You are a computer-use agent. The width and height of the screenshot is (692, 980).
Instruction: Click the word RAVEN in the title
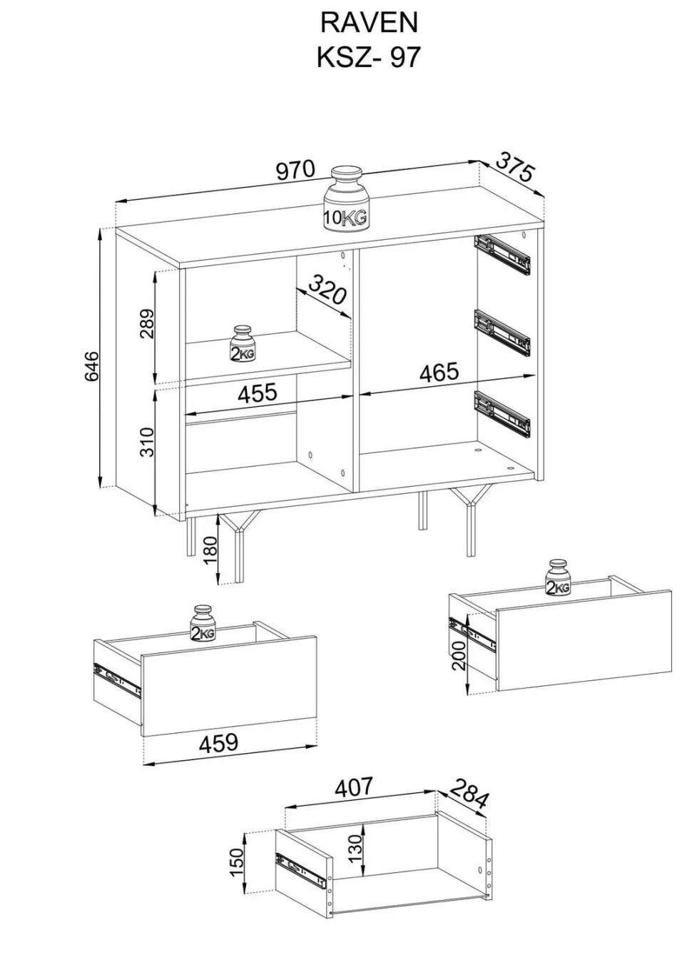pos(370,23)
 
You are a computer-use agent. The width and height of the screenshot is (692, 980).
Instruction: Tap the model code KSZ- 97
pos(368,57)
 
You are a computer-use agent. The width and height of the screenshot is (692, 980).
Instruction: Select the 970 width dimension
pos(295,170)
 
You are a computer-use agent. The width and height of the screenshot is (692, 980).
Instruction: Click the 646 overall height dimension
pos(93,365)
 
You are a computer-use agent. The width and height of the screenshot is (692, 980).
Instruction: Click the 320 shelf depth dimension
pos(327,289)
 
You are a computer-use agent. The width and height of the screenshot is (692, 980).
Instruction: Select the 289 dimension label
pos(148,324)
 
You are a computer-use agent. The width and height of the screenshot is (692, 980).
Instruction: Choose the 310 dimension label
pos(148,443)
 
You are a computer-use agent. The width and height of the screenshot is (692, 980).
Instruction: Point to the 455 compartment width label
pos(257,393)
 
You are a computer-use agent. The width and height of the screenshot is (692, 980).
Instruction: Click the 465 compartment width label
pos(439,372)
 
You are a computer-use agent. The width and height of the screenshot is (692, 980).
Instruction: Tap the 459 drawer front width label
pos(218,742)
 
